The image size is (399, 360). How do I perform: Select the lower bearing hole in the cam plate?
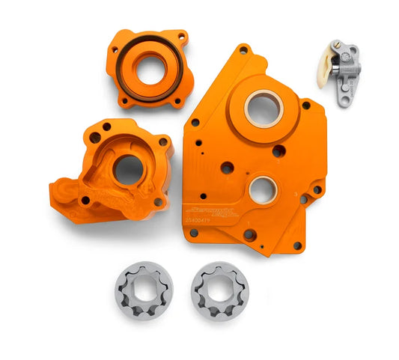263,190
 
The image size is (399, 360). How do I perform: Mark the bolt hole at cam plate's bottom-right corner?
297,245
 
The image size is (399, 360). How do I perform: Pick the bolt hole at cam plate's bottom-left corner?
194,233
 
